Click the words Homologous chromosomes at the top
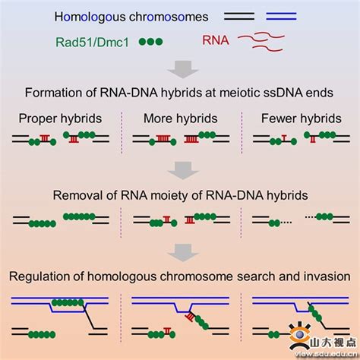(x=131, y=17)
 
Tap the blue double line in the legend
(x=281, y=16)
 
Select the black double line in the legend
(x=239, y=16)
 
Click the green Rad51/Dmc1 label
(x=92, y=42)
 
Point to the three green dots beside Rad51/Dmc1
(x=151, y=42)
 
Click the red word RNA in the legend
(x=216, y=40)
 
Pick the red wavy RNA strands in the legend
(x=261, y=42)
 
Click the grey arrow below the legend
(x=182, y=69)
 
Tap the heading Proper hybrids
(x=60, y=118)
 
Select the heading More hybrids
(x=181, y=118)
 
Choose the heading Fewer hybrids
(x=302, y=118)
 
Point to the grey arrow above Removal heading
(x=183, y=171)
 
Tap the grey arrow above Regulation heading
(x=183, y=252)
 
